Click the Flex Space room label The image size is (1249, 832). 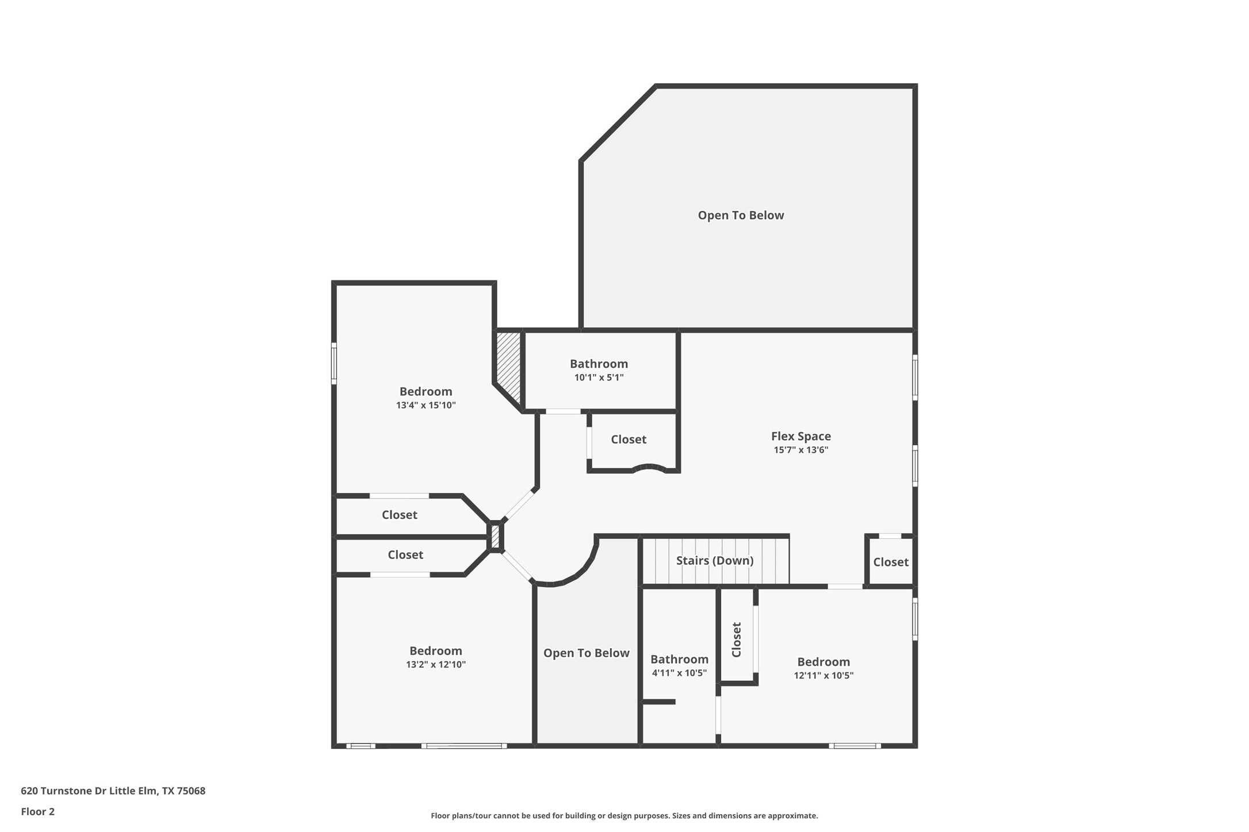point(800,437)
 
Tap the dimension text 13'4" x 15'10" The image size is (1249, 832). point(426,405)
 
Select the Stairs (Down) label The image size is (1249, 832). point(714,560)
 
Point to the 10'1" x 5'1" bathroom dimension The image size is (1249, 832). point(599,378)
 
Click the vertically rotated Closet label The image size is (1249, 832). point(737,640)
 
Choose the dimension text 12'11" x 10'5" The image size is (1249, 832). point(823,676)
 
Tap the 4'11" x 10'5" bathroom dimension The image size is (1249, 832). point(679,673)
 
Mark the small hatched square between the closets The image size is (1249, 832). point(495,537)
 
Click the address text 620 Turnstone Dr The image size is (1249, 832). point(113,791)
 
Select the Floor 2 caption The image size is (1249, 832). point(38,812)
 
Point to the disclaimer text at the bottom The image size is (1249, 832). point(624,816)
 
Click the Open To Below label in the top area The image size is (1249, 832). point(741,215)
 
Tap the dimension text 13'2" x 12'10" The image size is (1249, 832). point(435,665)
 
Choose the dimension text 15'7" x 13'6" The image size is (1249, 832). point(800,450)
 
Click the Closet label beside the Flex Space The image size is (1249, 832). point(628,440)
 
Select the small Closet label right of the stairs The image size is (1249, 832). point(890,562)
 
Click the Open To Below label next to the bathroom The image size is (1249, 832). point(586,653)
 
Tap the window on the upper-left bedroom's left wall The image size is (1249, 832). point(334,363)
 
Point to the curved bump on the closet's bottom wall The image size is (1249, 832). point(650,467)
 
